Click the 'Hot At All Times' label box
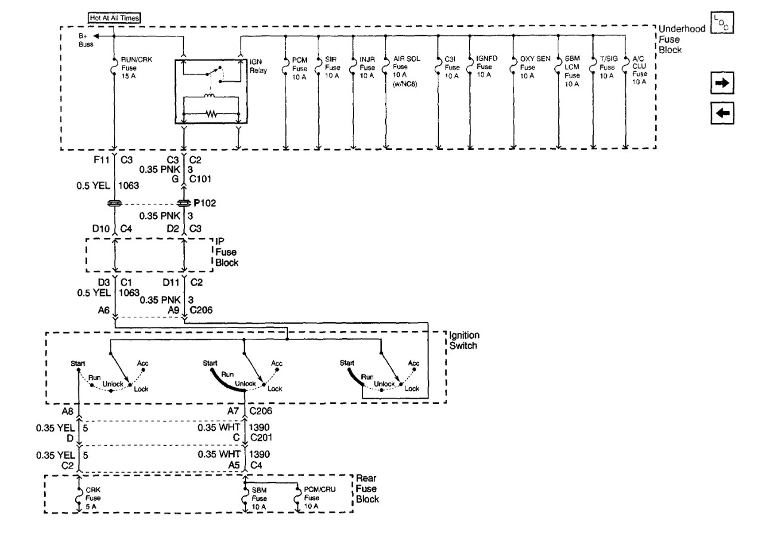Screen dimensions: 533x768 click(x=114, y=18)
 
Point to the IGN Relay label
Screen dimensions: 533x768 click(x=256, y=65)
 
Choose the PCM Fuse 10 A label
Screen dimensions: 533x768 click(x=299, y=68)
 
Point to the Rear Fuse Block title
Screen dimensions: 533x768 click(x=367, y=489)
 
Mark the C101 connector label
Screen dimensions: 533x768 click(x=202, y=177)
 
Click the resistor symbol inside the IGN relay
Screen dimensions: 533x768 click(x=210, y=112)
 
